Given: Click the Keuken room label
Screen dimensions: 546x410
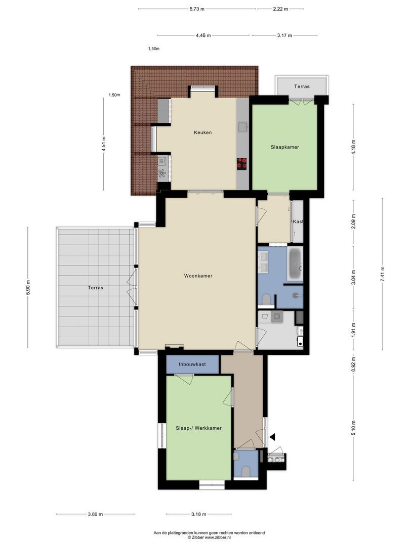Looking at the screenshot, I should (x=202, y=132).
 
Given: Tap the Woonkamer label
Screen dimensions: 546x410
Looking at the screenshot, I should (x=198, y=276).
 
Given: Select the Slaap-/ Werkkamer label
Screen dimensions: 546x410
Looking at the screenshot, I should (x=198, y=428).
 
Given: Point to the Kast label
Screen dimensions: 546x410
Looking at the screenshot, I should (x=298, y=222).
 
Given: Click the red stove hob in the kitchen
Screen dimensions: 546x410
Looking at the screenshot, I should (x=242, y=163).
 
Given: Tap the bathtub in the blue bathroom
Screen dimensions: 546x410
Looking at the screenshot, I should (x=295, y=263).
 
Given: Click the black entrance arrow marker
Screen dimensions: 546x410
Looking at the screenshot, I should (x=272, y=436).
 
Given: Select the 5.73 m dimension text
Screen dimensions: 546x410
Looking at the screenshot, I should (x=197, y=9).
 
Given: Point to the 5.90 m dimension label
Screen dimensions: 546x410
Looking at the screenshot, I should (x=28, y=286).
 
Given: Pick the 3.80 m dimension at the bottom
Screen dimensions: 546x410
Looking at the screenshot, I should (x=95, y=514).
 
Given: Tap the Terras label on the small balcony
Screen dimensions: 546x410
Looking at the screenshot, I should (x=302, y=86).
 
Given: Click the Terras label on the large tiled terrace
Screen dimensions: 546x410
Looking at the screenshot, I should (x=95, y=288).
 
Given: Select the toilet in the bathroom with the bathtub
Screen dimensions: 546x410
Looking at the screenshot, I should (x=266, y=300).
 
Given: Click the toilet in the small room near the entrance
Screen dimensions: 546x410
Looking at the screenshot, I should (x=247, y=471).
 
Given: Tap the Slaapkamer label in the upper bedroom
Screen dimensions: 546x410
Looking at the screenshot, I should (x=284, y=147).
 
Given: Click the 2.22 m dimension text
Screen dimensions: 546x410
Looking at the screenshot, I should (x=280, y=9).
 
